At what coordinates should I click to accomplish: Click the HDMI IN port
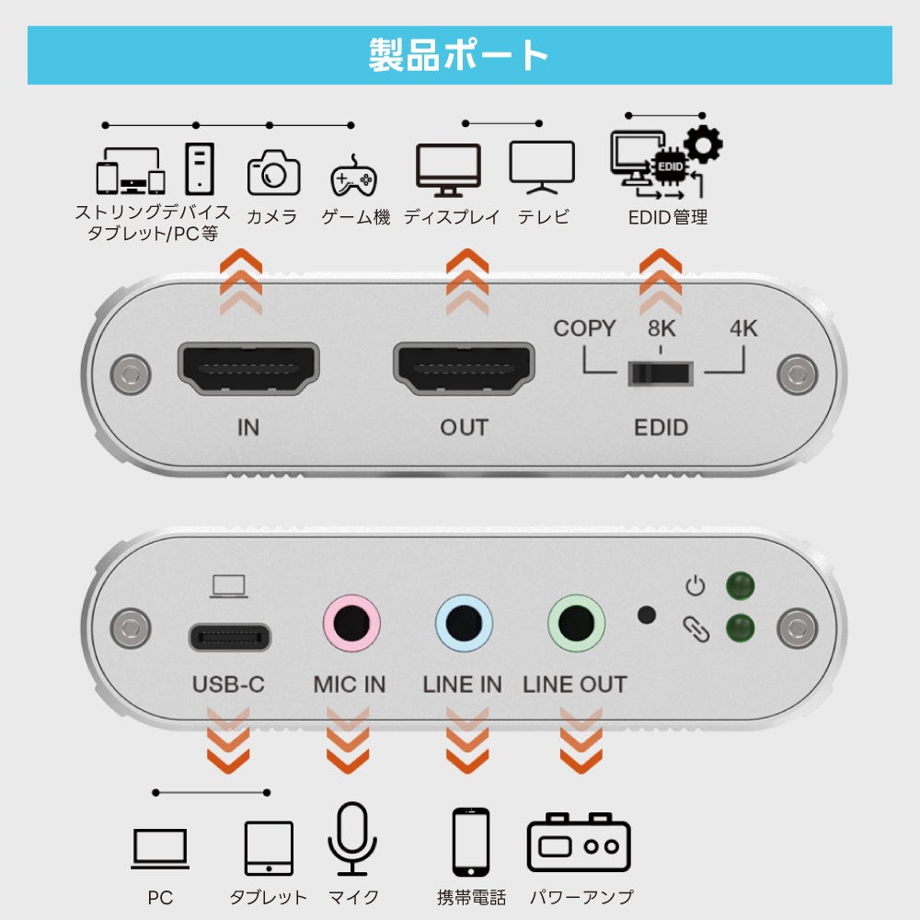tap(247, 368)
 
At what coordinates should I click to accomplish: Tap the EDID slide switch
tap(660, 373)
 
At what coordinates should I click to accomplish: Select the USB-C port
tap(230, 636)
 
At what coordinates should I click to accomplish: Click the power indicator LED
tap(741, 585)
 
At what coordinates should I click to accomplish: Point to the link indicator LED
tap(741, 628)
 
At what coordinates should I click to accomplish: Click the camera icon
tap(273, 172)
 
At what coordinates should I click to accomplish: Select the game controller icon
tap(353, 175)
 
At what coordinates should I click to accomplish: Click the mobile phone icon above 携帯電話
tap(471, 843)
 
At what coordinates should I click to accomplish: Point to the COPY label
tap(584, 328)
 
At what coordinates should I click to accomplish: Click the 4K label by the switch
tap(743, 328)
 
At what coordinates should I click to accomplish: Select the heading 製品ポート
tap(459, 55)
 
